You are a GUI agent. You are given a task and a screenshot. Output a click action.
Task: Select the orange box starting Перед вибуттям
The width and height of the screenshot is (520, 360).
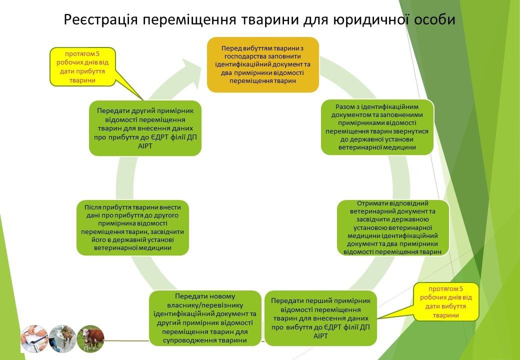tap(262, 64)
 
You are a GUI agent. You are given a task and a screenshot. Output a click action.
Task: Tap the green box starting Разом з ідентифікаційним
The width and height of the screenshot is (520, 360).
tap(377, 127)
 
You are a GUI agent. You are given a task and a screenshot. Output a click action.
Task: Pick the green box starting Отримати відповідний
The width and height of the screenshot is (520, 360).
tap(393, 227)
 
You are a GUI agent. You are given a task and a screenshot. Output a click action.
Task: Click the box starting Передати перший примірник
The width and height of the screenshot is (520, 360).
tap(320, 318)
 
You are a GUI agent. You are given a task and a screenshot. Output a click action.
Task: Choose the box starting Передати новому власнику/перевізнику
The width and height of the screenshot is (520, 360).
tap(205, 318)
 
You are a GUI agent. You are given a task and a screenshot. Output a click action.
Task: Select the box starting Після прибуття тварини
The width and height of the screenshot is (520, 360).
tap(132, 227)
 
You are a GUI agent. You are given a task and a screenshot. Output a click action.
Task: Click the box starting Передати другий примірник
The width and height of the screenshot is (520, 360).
tap(145, 128)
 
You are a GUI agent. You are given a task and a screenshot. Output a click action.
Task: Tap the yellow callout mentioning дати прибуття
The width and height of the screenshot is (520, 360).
tap(82, 66)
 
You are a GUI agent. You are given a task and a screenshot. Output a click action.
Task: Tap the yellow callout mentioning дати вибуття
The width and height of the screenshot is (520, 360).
tap(445, 301)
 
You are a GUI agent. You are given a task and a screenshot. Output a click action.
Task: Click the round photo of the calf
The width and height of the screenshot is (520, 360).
tap(90, 338)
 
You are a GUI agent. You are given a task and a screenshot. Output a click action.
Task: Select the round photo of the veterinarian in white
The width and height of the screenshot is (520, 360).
tap(62, 338)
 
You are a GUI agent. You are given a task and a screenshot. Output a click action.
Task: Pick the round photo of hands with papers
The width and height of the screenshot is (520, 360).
tap(34, 338)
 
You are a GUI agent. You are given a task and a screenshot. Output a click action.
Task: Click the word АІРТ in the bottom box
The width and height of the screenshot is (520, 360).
tap(320, 336)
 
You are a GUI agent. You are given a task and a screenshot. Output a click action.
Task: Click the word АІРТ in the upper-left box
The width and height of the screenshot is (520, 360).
tap(145, 145)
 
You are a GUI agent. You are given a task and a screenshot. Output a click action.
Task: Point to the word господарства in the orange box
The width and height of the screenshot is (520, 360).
tap(244, 56)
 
